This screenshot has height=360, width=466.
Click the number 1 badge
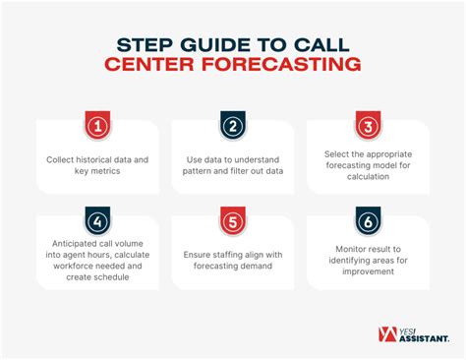click(96, 126)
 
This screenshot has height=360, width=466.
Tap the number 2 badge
click(232, 126)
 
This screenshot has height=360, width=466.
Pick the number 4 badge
click(96, 219)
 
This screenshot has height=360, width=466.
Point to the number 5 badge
click(232, 219)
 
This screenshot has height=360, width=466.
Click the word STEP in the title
click(149, 44)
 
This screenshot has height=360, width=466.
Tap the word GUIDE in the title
click(216, 44)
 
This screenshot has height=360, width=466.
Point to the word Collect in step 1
click(64, 158)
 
